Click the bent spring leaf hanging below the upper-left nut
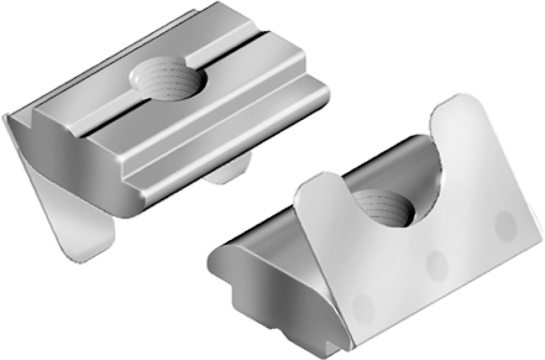click(85, 232)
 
